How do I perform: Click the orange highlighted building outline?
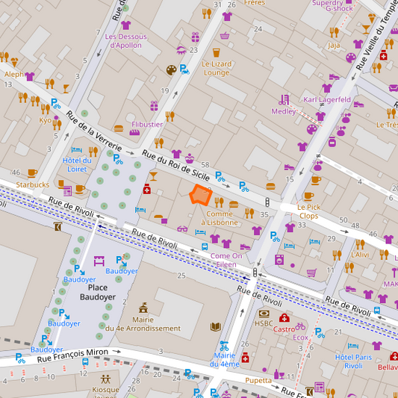200,195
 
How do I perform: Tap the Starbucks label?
32,184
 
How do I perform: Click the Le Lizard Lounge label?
216,68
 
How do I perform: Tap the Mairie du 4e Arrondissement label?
143,323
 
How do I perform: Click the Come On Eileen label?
226,260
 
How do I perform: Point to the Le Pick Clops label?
308,211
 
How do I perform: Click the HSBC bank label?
264,323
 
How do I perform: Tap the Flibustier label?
147,124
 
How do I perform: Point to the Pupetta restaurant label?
258,379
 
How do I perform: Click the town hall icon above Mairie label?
143,308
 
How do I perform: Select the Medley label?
284,111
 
